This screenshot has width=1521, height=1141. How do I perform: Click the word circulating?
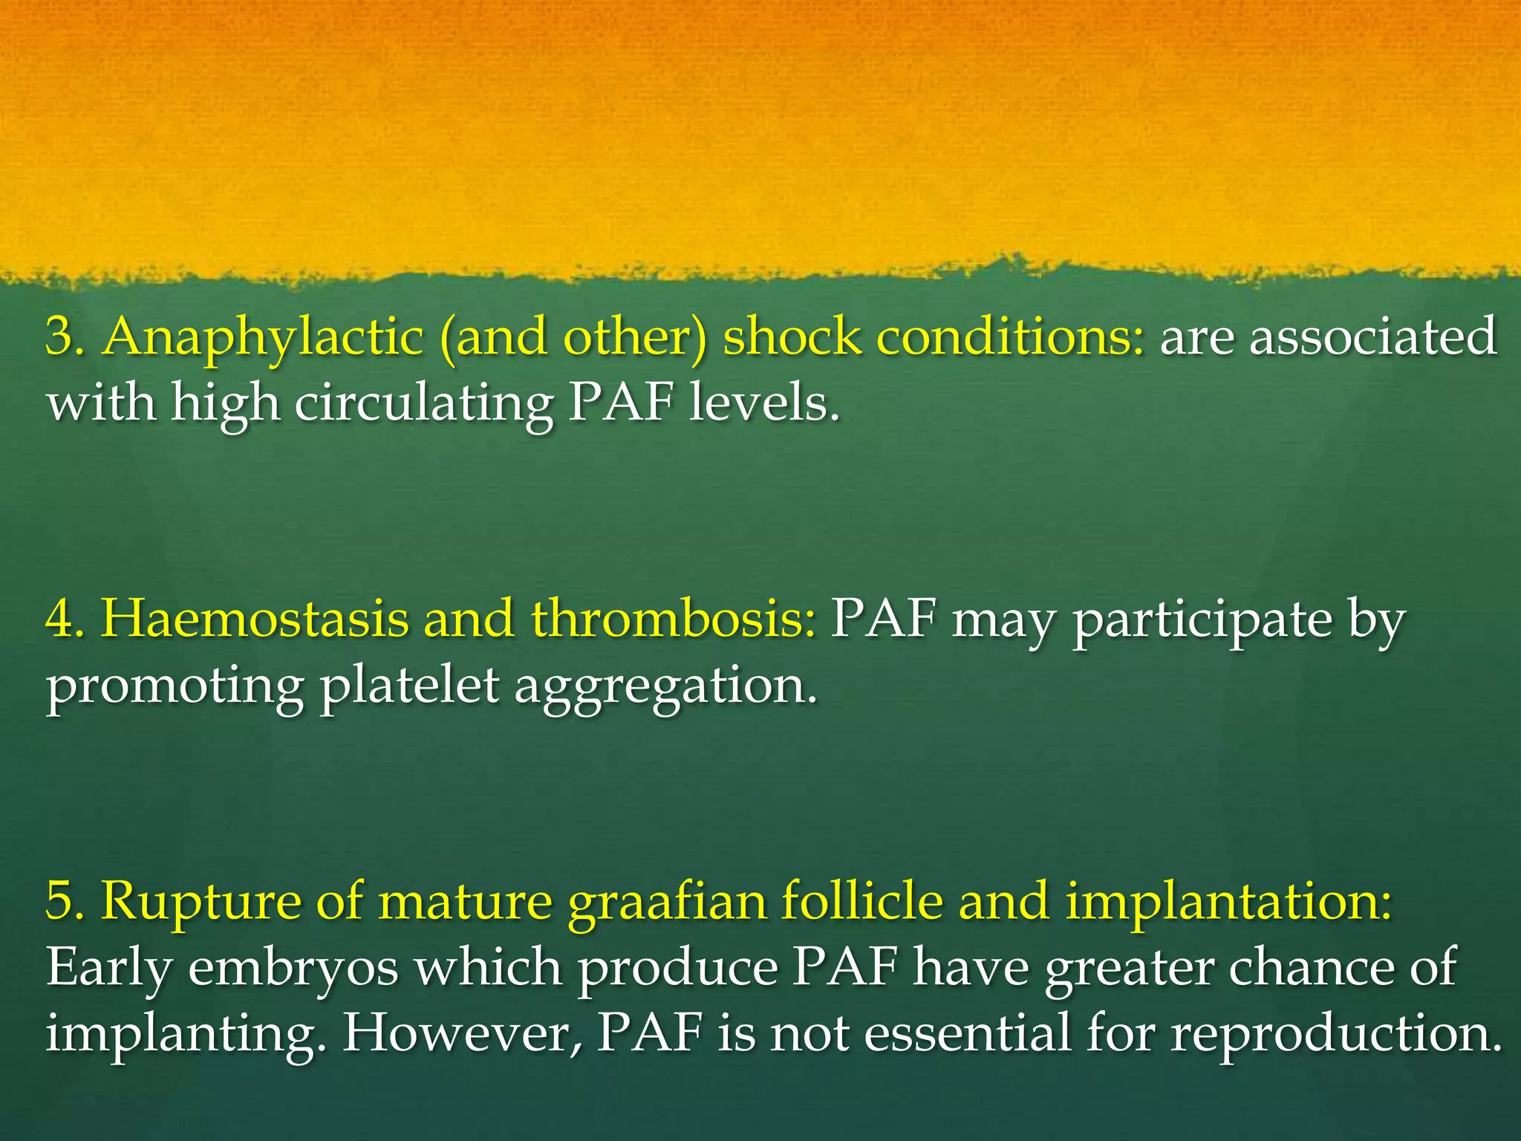point(423,405)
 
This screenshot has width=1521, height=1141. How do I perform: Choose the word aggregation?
point(665,688)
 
